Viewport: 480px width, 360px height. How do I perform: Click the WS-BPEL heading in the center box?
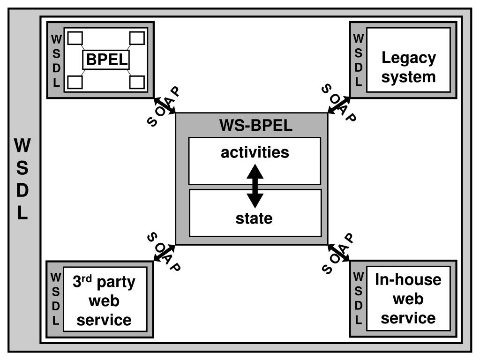point(256,126)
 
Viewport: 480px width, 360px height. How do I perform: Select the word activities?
point(255,153)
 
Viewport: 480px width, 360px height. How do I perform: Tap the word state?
point(254,218)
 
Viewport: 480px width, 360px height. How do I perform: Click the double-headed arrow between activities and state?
point(255,186)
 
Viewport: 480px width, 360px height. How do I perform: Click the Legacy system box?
point(408,67)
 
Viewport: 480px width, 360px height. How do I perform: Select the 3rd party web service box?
point(104,301)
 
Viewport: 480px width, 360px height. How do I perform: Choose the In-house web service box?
point(408,299)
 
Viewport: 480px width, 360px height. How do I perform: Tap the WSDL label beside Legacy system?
point(358,60)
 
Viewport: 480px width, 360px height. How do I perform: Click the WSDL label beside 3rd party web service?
point(56,299)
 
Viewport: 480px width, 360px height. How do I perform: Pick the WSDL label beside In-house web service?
point(359,299)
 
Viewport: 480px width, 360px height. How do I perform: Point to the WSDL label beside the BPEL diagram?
point(56,60)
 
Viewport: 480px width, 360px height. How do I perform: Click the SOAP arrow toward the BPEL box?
point(165,105)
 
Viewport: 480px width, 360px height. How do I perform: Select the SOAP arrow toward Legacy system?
point(339,105)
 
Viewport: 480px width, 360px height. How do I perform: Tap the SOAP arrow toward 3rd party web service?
point(165,253)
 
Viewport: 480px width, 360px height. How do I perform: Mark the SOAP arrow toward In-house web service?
point(338,252)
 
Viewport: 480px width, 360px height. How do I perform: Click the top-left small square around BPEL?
point(76,37)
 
